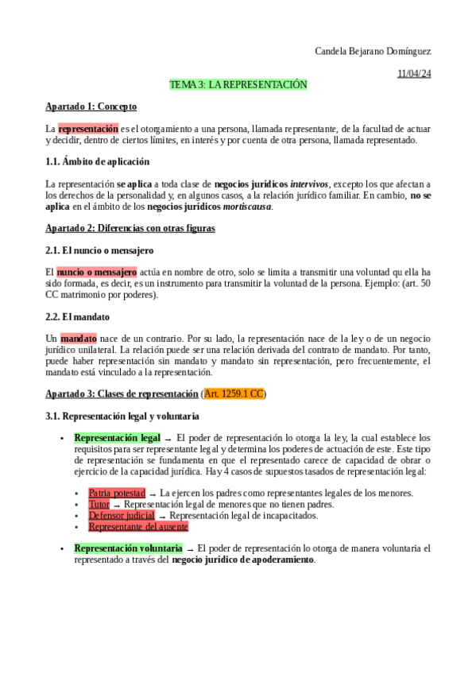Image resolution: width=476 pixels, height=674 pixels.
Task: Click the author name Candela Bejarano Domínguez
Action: pos(373,52)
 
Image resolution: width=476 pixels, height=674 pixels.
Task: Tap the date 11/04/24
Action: pos(414,73)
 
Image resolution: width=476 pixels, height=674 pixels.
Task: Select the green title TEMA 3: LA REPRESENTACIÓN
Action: pos(238,84)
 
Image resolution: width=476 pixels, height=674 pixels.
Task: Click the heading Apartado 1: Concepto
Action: pos(91,106)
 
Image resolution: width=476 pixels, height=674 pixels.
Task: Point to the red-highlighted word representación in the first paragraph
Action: pos(87,128)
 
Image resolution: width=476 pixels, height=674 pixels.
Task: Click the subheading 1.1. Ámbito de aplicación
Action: pos(97,161)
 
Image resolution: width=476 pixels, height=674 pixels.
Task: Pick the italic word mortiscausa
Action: pos(247,207)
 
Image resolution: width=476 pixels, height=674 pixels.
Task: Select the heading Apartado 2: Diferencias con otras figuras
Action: pos(130,228)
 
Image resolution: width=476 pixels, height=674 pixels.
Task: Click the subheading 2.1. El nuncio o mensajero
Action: pos(100,250)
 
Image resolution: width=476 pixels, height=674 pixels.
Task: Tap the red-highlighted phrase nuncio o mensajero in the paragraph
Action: pos(96,272)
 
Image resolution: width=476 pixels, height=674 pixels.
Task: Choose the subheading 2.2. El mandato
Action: pos(78,316)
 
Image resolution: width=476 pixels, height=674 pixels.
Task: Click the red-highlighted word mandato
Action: pos(78,339)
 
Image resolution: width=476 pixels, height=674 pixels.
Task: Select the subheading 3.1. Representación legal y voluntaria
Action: pos(122,416)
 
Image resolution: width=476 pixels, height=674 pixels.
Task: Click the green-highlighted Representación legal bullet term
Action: pos(118,437)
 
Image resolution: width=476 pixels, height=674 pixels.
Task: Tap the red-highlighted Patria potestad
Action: pos(117,493)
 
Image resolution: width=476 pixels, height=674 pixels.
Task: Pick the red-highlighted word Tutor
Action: pos(99,504)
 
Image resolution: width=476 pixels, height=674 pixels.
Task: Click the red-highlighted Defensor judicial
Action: pos(122,515)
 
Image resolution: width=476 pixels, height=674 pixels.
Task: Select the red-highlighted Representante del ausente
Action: pos(138,526)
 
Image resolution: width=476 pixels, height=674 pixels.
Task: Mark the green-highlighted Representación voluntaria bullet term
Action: pos(128,548)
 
